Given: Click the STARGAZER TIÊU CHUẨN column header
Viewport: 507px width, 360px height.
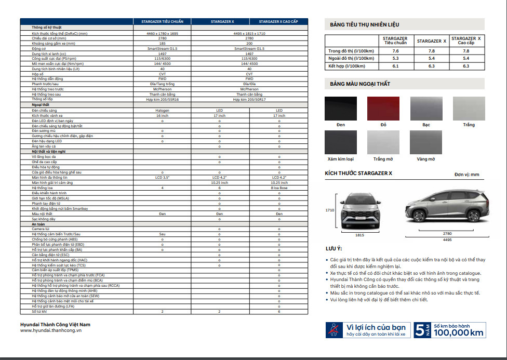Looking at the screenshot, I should [162, 22].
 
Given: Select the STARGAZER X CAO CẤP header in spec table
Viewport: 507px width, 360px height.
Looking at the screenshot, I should [279, 22].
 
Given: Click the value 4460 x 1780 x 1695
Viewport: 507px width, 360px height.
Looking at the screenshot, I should [162, 33].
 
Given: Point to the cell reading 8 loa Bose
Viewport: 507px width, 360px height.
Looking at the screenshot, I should [279, 188].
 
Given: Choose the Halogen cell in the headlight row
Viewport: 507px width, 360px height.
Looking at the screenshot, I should [162, 110].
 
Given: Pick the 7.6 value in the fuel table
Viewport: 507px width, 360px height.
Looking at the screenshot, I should [395, 51].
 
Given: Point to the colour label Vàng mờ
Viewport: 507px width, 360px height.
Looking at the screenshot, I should [425, 159].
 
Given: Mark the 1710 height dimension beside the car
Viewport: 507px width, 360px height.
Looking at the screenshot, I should [330, 210].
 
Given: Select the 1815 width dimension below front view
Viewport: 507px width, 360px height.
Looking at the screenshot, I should [359, 235].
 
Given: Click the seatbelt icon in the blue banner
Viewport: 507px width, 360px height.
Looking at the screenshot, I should [333, 330].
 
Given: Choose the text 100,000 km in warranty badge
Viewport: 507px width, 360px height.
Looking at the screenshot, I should [459, 333].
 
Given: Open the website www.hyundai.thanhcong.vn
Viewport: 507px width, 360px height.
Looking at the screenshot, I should [51, 330].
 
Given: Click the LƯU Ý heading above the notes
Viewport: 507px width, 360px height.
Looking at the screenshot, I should [333, 249].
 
